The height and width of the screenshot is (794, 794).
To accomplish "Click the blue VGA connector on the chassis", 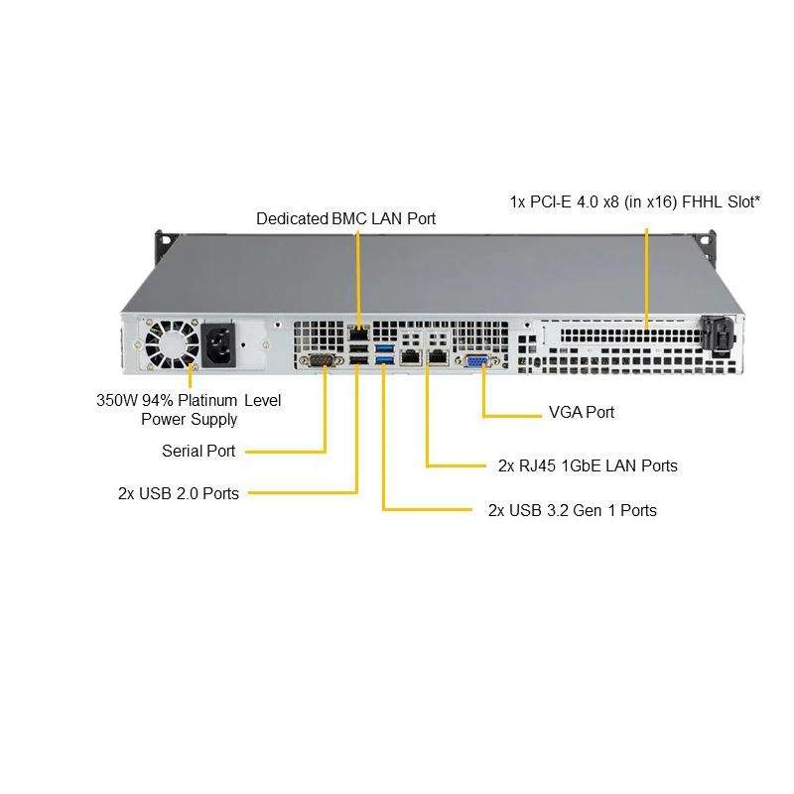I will [475, 360].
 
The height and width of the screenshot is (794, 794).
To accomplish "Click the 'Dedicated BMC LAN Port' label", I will [345, 218].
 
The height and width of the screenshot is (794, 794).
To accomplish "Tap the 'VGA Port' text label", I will [581, 412].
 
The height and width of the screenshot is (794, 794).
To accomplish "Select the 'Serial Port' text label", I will [198, 452].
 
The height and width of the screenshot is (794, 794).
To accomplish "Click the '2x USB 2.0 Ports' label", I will [178, 492].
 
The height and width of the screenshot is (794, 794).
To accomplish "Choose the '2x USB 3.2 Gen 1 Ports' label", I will [572, 510].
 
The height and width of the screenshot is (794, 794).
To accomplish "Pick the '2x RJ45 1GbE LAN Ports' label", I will [588, 464].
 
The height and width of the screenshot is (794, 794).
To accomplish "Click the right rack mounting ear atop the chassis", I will [706, 241].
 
